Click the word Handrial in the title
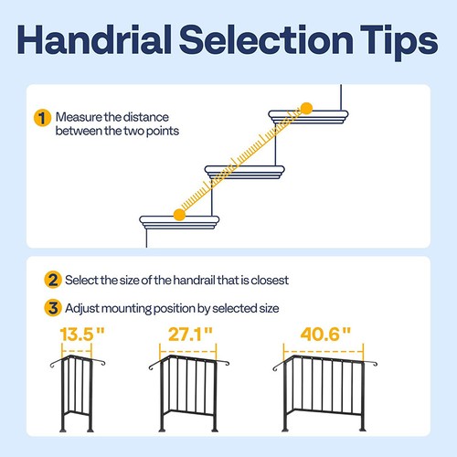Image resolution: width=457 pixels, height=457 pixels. pos(103,39)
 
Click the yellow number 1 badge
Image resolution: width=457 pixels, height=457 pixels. pos(41,119)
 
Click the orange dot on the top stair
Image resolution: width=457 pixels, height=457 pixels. pos(306,109)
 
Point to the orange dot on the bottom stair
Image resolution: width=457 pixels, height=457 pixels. pos(179,215)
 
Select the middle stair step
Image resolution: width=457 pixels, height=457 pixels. pos(241,171)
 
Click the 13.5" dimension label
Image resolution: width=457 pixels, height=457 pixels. pos(79,335)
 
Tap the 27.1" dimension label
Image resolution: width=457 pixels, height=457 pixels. pos(189,335)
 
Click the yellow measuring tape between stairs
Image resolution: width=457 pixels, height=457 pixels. pos(242,162)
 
